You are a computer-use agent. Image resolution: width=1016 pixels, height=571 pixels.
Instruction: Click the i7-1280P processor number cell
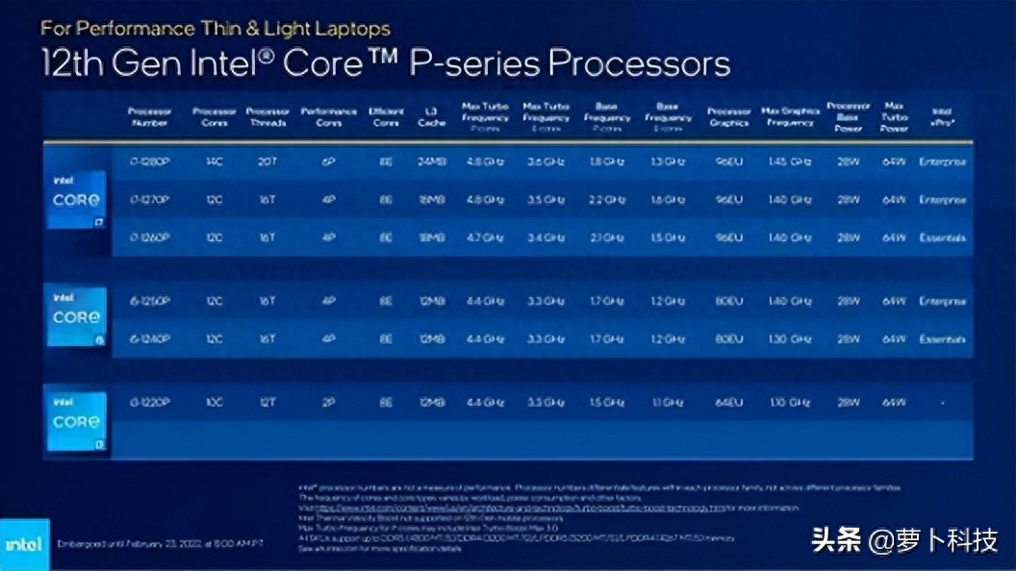(149, 161)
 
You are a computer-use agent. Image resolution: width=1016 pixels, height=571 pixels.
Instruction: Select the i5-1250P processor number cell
(149, 302)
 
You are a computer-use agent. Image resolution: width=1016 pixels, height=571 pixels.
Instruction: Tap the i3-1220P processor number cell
(149, 402)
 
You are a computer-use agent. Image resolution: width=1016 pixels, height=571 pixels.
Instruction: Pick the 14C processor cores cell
(214, 161)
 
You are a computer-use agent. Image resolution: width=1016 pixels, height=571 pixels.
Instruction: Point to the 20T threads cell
(267, 161)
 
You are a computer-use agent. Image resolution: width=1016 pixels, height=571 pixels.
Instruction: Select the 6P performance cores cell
(328, 161)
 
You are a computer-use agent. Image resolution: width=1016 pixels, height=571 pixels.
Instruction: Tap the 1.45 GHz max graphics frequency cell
(790, 161)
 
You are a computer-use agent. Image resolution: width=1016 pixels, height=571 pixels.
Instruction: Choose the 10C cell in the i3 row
(214, 402)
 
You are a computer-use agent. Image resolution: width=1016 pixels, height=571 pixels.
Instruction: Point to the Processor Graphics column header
(728, 116)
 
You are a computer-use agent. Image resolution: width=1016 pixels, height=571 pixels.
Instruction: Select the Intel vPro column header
(941, 116)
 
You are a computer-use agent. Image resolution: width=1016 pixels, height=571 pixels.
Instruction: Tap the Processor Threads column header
(267, 116)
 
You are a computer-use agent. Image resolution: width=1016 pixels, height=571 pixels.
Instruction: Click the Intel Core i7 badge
(77, 199)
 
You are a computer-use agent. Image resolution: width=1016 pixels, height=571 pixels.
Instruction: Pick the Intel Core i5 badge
(77, 316)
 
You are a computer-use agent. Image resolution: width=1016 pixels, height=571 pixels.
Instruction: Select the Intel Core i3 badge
(77, 421)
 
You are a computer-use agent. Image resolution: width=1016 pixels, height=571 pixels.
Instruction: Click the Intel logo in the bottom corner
(24, 544)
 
